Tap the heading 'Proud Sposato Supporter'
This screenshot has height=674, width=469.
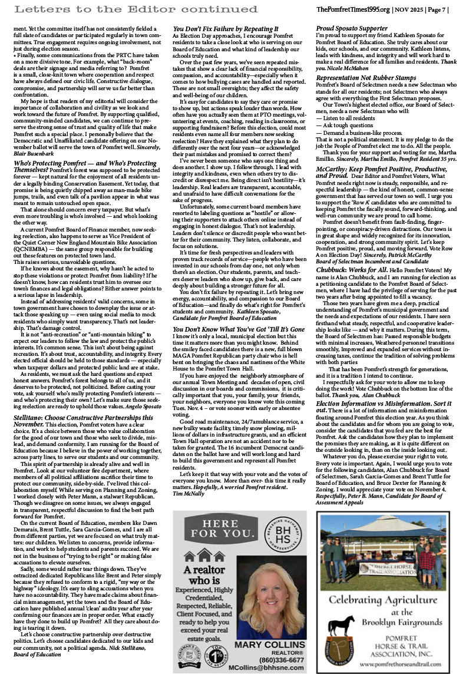pos(352,28)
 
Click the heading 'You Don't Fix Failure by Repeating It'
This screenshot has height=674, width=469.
pos(226,28)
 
